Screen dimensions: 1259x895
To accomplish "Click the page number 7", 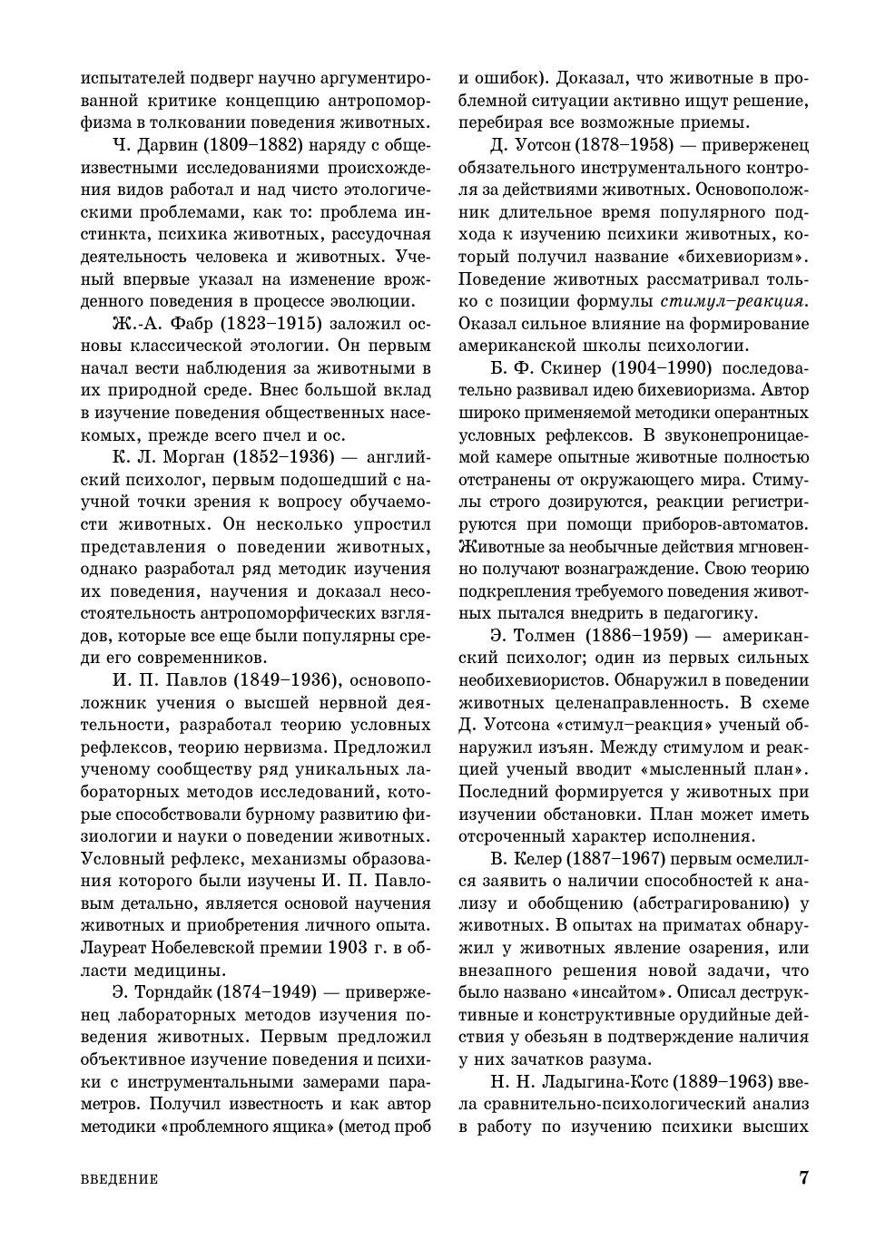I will (x=803, y=1178).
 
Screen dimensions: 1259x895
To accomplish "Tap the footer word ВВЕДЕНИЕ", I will (x=120, y=1180).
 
